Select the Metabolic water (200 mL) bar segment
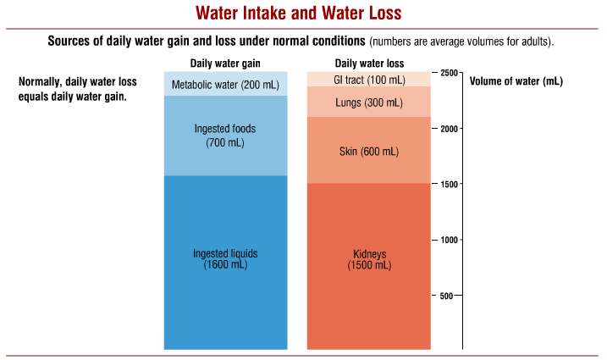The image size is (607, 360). (x=225, y=84)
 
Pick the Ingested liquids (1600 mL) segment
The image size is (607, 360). (x=225, y=263)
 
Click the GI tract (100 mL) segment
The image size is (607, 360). (x=369, y=79)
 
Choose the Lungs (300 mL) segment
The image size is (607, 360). (x=369, y=102)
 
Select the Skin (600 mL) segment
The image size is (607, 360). (x=369, y=151)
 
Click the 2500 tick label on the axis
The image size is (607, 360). (x=450, y=74)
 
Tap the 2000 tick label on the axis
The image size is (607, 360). (x=450, y=129)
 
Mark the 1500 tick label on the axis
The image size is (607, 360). (x=450, y=185)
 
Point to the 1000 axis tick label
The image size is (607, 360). (x=450, y=240)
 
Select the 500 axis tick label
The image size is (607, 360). (x=453, y=296)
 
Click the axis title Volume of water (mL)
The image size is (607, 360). (x=516, y=82)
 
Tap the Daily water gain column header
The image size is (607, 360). (x=225, y=64)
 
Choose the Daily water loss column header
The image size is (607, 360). (x=369, y=64)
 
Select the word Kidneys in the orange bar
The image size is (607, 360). (x=369, y=254)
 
